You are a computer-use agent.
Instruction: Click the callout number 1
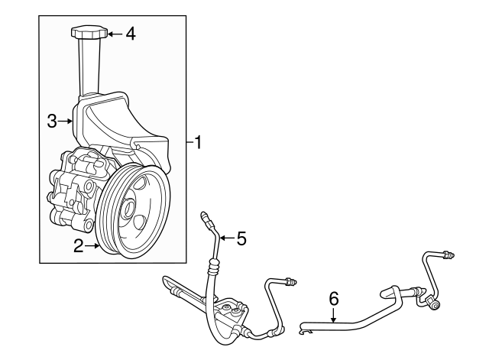click(197, 142)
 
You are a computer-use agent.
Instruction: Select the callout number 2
click(78, 245)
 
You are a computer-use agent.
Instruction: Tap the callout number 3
click(52, 120)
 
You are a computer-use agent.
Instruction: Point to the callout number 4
click(131, 34)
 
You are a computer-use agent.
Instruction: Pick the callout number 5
click(241, 238)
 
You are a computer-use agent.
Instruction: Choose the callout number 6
click(333, 299)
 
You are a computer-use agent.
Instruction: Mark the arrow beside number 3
click(66, 120)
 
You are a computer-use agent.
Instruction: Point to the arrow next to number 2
click(93, 245)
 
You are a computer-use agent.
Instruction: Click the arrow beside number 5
click(225, 238)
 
